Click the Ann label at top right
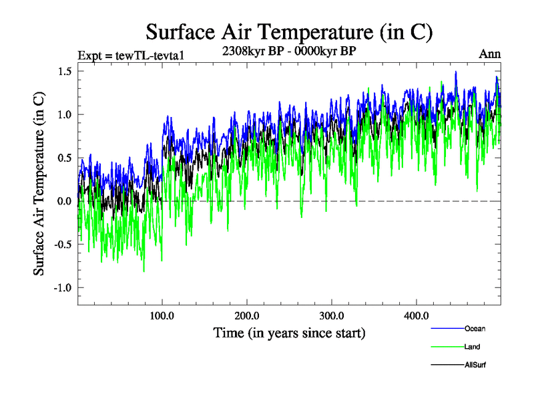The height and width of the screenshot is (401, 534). pyautogui.click(x=489, y=55)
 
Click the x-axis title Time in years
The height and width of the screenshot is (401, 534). pyautogui.click(x=289, y=332)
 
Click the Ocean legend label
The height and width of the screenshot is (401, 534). pyautogui.click(x=475, y=328)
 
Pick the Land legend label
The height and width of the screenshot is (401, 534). pyautogui.click(x=472, y=347)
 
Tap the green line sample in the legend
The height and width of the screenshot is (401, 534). pyautogui.click(x=448, y=347)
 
